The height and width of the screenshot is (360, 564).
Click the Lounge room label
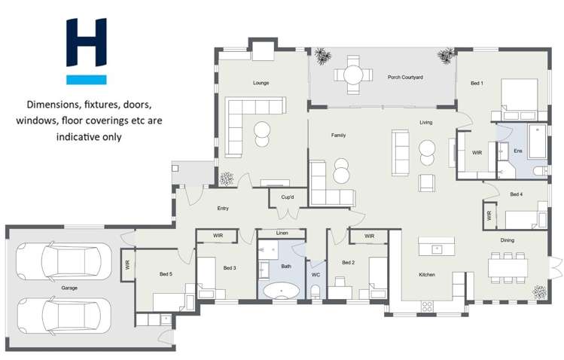(261, 83)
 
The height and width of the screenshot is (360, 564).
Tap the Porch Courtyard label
(405, 77)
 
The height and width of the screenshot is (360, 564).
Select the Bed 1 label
(477, 83)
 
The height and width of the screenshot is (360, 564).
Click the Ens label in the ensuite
(517, 151)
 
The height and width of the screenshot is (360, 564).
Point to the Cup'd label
(287, 198)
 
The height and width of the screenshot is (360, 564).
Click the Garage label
(69, 288)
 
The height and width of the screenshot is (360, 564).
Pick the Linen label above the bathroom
(282, 233)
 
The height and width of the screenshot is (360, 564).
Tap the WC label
(316, 275)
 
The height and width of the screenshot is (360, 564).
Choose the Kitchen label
(427, 275)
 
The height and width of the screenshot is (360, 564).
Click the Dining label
(508, 240)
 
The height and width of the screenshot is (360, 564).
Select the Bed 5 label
(166, 274)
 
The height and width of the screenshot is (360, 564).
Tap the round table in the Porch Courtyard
(352, 75)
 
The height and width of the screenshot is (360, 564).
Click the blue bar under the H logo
(87, 79)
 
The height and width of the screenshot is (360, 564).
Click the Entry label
(223, 209)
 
